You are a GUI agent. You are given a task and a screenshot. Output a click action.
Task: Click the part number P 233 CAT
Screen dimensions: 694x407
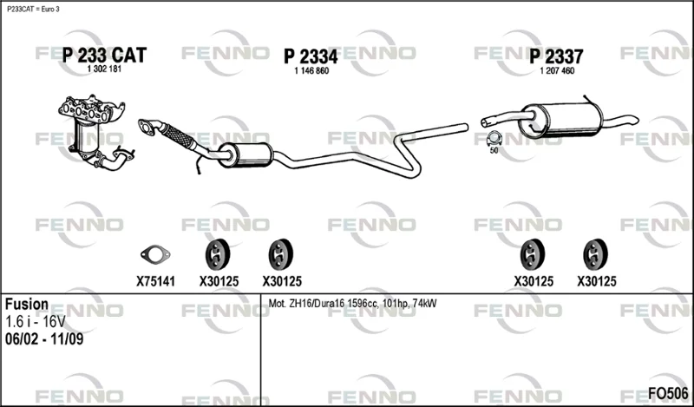pos(104,56)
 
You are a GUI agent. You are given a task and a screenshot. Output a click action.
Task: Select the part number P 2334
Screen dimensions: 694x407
pos(311,56)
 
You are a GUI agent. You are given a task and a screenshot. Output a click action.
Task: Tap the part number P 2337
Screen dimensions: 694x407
pos(556,56)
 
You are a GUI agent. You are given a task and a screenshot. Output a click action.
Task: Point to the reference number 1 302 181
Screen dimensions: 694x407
pos(104,69)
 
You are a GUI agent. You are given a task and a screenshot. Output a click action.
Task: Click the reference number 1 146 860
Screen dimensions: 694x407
pos(311,71)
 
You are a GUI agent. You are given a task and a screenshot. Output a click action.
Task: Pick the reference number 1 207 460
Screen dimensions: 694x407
pos(557,71)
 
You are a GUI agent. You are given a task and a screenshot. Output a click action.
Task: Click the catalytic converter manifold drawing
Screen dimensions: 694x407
pos(95,132)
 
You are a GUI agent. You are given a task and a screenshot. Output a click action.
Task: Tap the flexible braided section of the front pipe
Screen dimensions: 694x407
pos(179,135)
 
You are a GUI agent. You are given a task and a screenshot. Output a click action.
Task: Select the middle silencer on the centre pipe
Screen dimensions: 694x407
pos(246,155)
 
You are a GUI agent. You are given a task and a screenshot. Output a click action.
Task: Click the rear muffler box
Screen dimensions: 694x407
pos(561,120)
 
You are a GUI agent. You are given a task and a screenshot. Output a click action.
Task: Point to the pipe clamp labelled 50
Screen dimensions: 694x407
pos(494,139)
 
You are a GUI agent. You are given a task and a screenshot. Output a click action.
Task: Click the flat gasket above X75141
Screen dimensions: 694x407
pos(155,254)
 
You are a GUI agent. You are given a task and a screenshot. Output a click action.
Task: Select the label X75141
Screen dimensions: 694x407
pos(155,281)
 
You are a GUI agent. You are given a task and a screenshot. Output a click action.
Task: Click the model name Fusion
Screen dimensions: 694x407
pos(27,305)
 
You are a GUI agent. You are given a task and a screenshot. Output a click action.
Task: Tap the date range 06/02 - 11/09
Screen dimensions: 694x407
pos(44,339)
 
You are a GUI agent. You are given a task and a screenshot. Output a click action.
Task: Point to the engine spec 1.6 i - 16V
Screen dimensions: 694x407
pos(36,321)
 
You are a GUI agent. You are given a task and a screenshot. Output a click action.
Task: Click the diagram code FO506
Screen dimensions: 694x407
pos(668,393)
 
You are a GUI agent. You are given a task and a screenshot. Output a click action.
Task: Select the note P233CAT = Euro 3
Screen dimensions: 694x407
pos(33,10)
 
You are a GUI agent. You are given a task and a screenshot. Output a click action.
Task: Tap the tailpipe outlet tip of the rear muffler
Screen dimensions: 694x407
pos(636,119)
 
